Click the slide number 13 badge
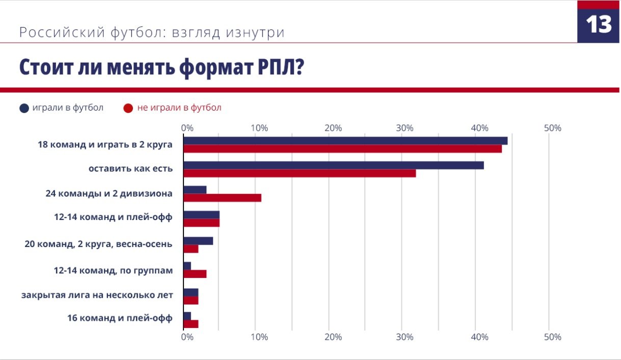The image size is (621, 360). point(599,24)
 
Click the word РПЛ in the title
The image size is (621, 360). point(274,67)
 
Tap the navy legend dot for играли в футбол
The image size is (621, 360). point(24,108)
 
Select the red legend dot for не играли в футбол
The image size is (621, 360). point(128,108)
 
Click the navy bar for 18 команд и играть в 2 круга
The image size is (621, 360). point(345,141)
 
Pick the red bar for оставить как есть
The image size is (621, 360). point(299,173)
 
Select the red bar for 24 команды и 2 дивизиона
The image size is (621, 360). point(222,198)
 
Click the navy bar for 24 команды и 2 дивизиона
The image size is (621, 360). point(195,190)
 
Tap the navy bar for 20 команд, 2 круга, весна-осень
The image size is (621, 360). point(198,241)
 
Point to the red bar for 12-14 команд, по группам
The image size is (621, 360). point(195,274)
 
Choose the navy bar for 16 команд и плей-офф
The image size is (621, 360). point(187,316)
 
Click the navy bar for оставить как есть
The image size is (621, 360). point(333,165)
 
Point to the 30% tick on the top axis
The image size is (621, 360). point(405,128)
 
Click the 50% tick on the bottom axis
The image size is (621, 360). point(552,337)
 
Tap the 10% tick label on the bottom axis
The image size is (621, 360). point(259,337)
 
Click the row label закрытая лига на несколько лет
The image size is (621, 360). point(97,295)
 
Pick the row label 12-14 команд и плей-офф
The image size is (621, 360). point(113,217)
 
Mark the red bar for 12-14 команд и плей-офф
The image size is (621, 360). point(201,223)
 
